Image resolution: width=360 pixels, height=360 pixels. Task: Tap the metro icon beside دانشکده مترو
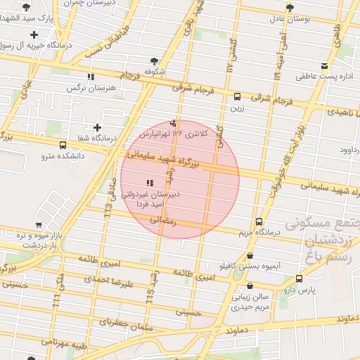click(63, 146)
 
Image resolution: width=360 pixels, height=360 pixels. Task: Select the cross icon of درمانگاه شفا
click(97, 127)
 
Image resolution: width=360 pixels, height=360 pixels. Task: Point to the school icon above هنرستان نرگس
click(90, 77)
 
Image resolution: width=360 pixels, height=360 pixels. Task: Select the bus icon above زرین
click(237, 97)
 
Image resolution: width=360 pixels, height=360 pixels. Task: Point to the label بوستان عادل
click(286, 18)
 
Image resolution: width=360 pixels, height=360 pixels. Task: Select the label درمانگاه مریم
click(259, 233)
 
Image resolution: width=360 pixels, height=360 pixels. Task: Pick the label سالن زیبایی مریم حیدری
click(251, 302)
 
